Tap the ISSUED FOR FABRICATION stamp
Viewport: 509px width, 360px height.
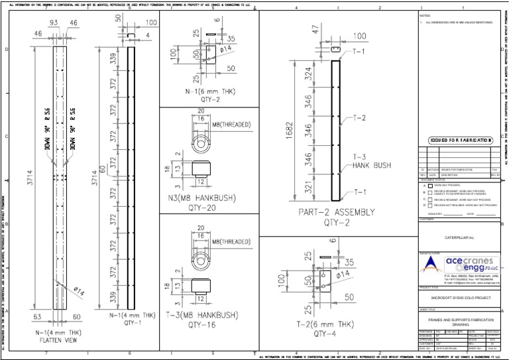(x=461, y=140)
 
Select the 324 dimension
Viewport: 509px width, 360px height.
(x=308, y=74)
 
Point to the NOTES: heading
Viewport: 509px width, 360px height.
(x=425, y=15)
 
